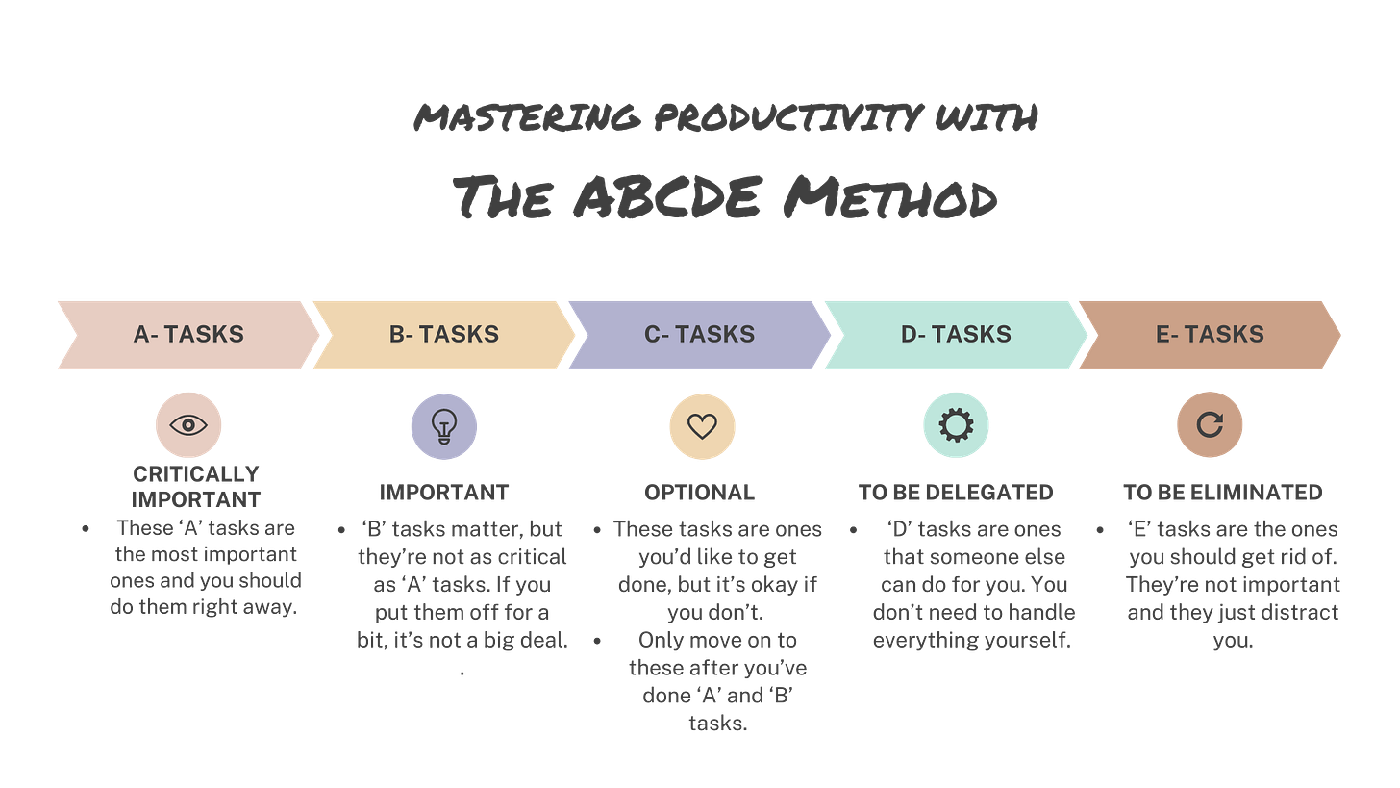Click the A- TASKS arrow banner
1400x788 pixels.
tap(188, 335)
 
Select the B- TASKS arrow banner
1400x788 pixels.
tap(444, 335)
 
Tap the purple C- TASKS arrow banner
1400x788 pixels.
tap(699, 335)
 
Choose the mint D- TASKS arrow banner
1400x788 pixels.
tap(956, 335)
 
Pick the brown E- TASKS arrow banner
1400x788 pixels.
tap(1210, 335)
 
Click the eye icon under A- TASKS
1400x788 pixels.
tap(188, 425)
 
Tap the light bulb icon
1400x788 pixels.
tap(443, 425)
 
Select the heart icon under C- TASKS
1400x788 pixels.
tap(702, 425)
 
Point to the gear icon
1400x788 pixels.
tap(956, 425)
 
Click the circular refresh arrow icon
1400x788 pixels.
tap(1210, 425)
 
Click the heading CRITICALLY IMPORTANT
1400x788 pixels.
tap(196, 487)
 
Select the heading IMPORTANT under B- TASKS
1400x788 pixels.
tap(444, 494)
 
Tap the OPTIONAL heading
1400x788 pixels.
tap(700, 494)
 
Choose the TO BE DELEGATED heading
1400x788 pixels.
tap(956, 494)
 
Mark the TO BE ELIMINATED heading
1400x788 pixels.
tap(1222, 494)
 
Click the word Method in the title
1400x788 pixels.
tap(889, 199)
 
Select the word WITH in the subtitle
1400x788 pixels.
tap(986, 119)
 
